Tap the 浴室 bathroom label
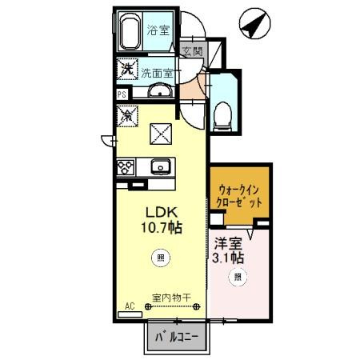158,31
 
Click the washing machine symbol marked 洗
126,70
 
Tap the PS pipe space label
122,94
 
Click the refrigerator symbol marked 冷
126,115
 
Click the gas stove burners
126,166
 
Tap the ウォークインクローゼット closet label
240,197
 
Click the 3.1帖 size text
229,258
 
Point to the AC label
129,305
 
